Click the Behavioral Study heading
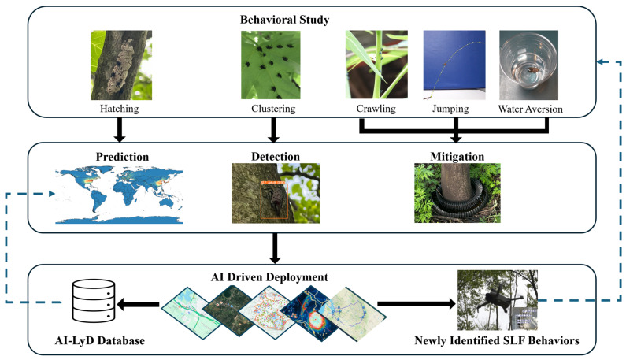point(284,20)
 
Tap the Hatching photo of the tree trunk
point(121,65)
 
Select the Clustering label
point(273,109)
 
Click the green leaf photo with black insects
point(271,65)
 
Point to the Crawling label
point(376,109)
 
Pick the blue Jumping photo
point(454,65)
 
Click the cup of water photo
point(528,65)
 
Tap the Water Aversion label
point(530,109)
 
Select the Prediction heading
point(122,157)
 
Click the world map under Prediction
point(119,196)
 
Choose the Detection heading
point(276,157)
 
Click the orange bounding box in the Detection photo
point(274,201)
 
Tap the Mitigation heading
point(457,157)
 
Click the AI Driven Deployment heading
point(269,277)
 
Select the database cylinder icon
point(94,301)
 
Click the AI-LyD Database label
point(100,341)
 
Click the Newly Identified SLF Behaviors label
point(497,341)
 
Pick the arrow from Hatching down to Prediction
point(120,130)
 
